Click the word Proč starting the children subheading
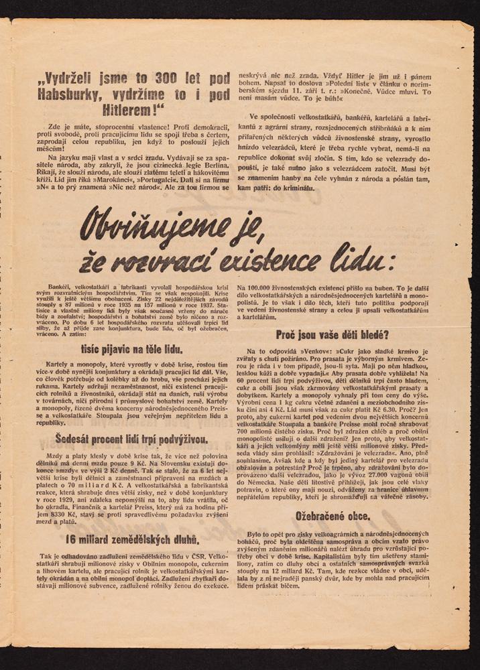(287, 334)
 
